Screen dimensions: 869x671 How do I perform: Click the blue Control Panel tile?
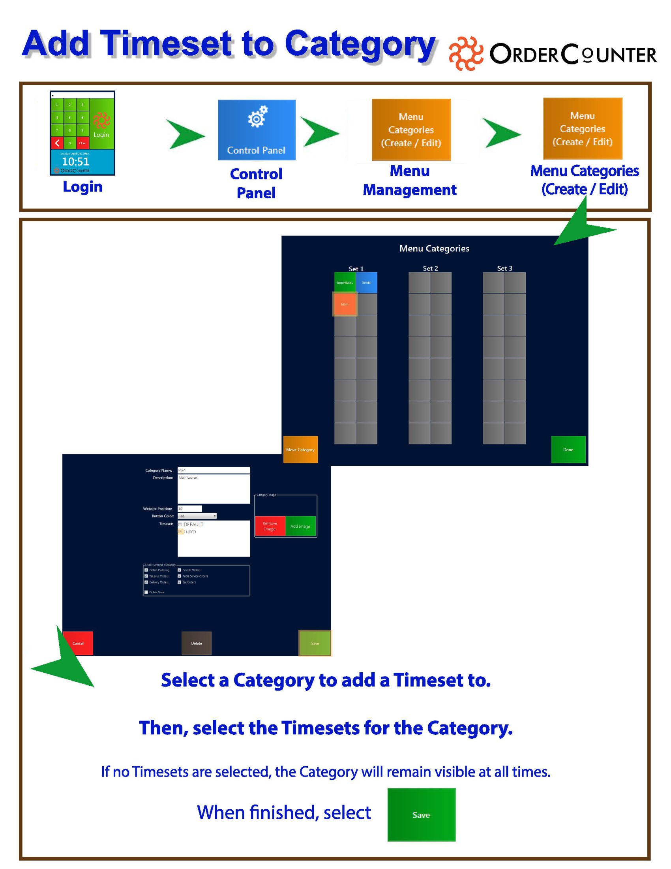coord(257,130)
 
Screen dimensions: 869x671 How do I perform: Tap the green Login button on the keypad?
coord(102,124)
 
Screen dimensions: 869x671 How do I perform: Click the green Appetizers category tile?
coord(344,282)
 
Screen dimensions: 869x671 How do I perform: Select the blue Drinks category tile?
coord(366,282)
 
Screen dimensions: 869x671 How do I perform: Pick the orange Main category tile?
coord(344,304)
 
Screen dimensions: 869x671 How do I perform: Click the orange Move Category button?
coord(300,450)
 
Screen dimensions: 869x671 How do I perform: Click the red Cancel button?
coord(78,643)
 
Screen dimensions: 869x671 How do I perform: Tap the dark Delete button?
coord(197,643)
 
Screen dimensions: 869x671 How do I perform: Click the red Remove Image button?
coord(270,526)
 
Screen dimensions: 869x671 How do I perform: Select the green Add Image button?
coord(300,526)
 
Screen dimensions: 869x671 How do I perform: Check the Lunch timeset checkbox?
coord(180,532)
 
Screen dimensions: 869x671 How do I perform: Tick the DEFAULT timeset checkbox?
coord(180,525)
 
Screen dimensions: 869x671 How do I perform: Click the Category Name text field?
coord(214,470)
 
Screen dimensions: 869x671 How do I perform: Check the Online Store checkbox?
coord(146,592)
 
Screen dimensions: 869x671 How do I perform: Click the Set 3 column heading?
coord(504,268)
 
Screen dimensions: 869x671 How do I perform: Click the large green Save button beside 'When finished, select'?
coord(422,814)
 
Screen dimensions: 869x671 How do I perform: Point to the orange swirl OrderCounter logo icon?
coord(465,53)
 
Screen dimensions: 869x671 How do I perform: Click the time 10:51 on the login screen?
coord(75,162)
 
